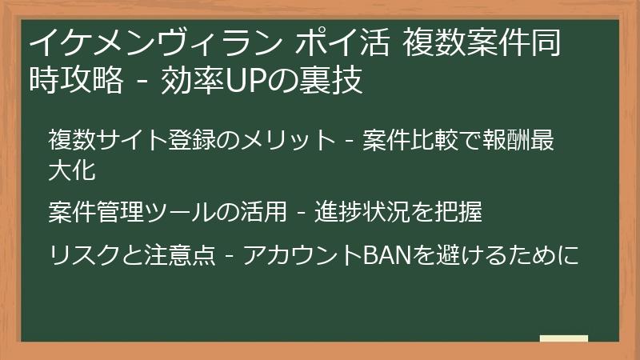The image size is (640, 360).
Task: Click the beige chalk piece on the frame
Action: (x=563, y=339)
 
